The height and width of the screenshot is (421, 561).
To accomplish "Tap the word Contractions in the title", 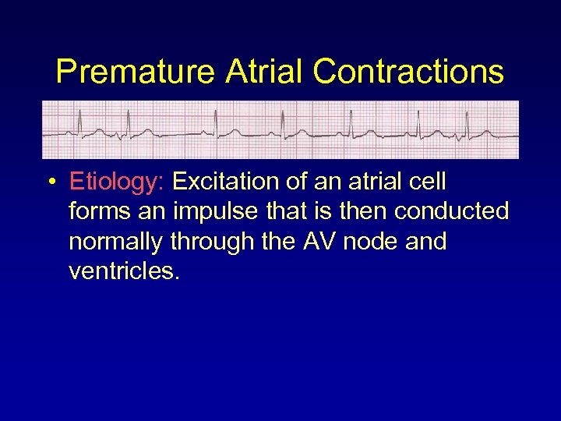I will click(408, 73).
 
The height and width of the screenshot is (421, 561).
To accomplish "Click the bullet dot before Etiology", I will click(51, 183).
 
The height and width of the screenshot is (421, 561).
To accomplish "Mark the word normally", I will click(115, 242).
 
